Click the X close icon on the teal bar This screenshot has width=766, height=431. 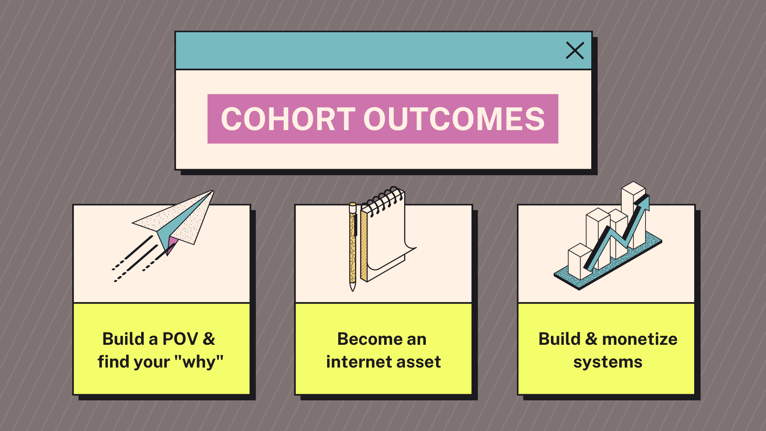(575, 51)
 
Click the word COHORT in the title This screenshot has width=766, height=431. (288, 119)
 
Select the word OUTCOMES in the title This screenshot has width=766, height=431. (454, 119)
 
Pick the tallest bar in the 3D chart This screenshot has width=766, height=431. (634, 215)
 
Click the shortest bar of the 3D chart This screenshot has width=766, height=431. (580, 261)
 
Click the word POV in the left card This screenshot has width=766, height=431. (180, 339)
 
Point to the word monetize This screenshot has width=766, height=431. (640, 339)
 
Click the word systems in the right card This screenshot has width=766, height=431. (608, 363)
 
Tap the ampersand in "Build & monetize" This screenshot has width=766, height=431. (591, 339)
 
